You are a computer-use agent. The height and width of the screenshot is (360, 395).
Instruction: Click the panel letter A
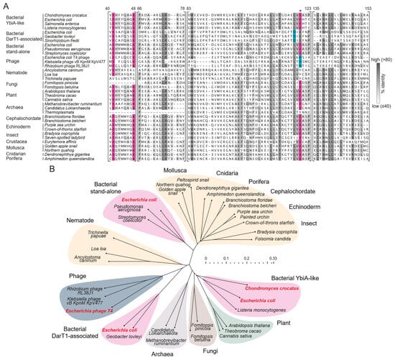pyautogui.click(x=6, y=5)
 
